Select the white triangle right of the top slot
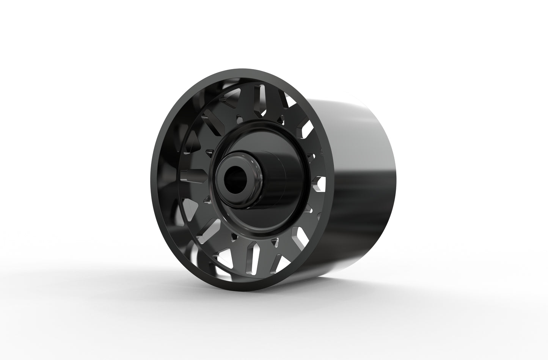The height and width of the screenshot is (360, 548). (291, 102)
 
